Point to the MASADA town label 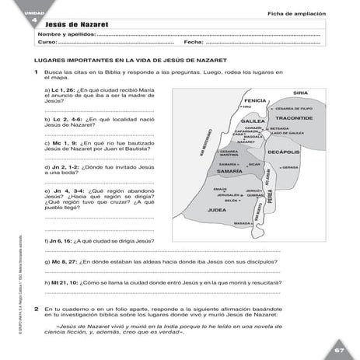click(243, 223)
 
